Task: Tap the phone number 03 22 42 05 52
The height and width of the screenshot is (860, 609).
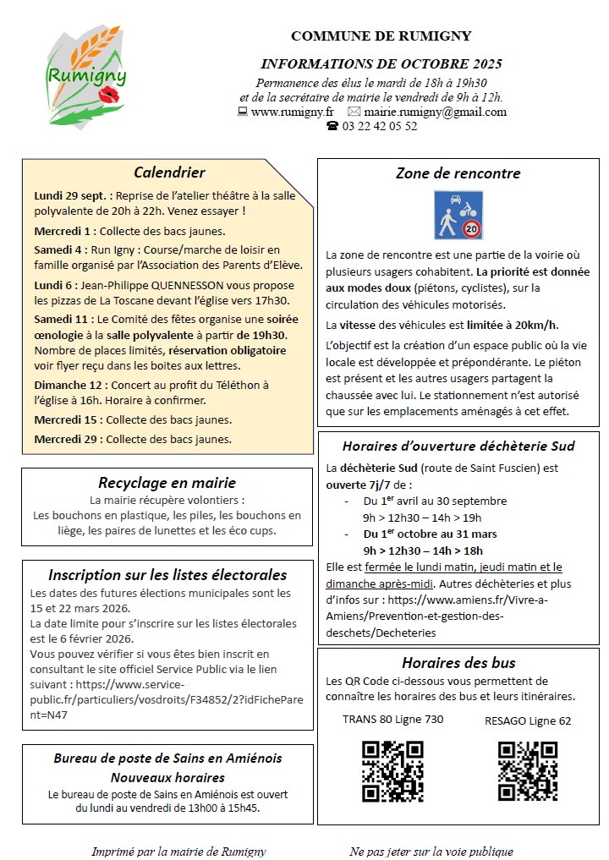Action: pos(380,126)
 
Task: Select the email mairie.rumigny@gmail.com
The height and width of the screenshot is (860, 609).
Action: pos(435,112)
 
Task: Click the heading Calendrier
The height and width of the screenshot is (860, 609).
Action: pos(169,173)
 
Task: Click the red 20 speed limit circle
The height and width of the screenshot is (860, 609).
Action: pos(471,228)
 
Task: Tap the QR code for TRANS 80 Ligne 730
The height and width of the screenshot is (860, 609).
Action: pos(392,770)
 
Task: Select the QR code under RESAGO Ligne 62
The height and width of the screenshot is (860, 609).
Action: pos(528,770)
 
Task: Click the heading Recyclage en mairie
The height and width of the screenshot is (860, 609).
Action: pos(167,483)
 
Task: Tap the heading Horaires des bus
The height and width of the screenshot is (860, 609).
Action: pos(458,663)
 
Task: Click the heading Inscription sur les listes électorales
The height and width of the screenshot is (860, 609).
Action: pos(167,575)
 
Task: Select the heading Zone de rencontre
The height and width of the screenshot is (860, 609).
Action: pos(458,173)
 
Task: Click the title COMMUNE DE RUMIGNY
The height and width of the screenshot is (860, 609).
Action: pos(381,36)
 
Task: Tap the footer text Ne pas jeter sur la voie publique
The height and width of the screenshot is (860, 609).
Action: pos(431,851)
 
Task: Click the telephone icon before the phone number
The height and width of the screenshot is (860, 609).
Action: pos(332,126)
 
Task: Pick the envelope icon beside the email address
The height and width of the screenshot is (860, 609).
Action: pos(354,112)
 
